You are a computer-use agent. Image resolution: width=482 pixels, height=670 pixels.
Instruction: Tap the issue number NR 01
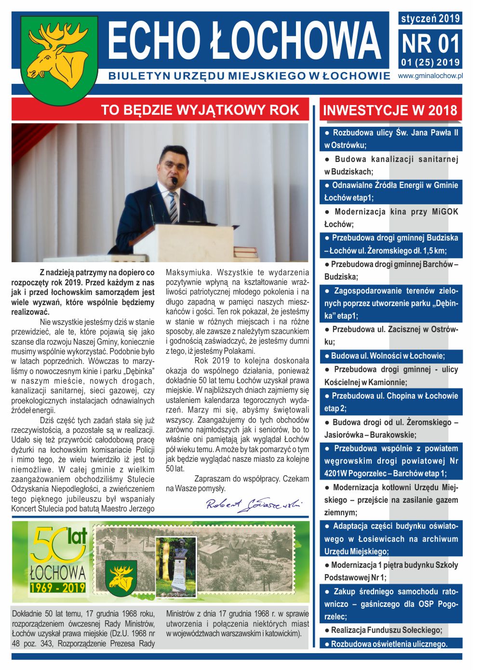pos(430,44)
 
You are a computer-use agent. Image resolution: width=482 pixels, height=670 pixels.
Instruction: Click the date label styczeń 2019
pos(430,19)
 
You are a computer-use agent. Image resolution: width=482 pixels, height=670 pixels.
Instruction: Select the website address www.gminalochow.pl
pos(430,76)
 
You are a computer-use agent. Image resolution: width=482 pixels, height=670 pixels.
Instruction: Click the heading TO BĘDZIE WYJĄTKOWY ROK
pos(200,110)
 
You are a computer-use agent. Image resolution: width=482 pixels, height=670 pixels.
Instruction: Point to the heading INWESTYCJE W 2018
pos(390,110)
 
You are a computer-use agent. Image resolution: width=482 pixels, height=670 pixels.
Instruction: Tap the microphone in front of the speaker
pos(174,182)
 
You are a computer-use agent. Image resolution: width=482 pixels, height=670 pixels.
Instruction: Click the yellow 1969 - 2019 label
pos(57,588)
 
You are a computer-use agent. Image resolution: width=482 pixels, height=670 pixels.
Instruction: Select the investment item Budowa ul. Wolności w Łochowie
pos(388,356)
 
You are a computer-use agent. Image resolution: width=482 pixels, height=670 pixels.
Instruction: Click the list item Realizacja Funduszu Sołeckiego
pos(386,630)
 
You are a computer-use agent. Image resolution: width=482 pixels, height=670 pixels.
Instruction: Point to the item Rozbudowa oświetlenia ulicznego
pos(389,643)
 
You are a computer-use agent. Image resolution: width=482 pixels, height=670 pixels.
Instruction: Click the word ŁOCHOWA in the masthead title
pos(295,41)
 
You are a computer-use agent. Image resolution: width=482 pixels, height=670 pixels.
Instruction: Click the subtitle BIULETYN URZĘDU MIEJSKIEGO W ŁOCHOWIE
pos(249,76)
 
